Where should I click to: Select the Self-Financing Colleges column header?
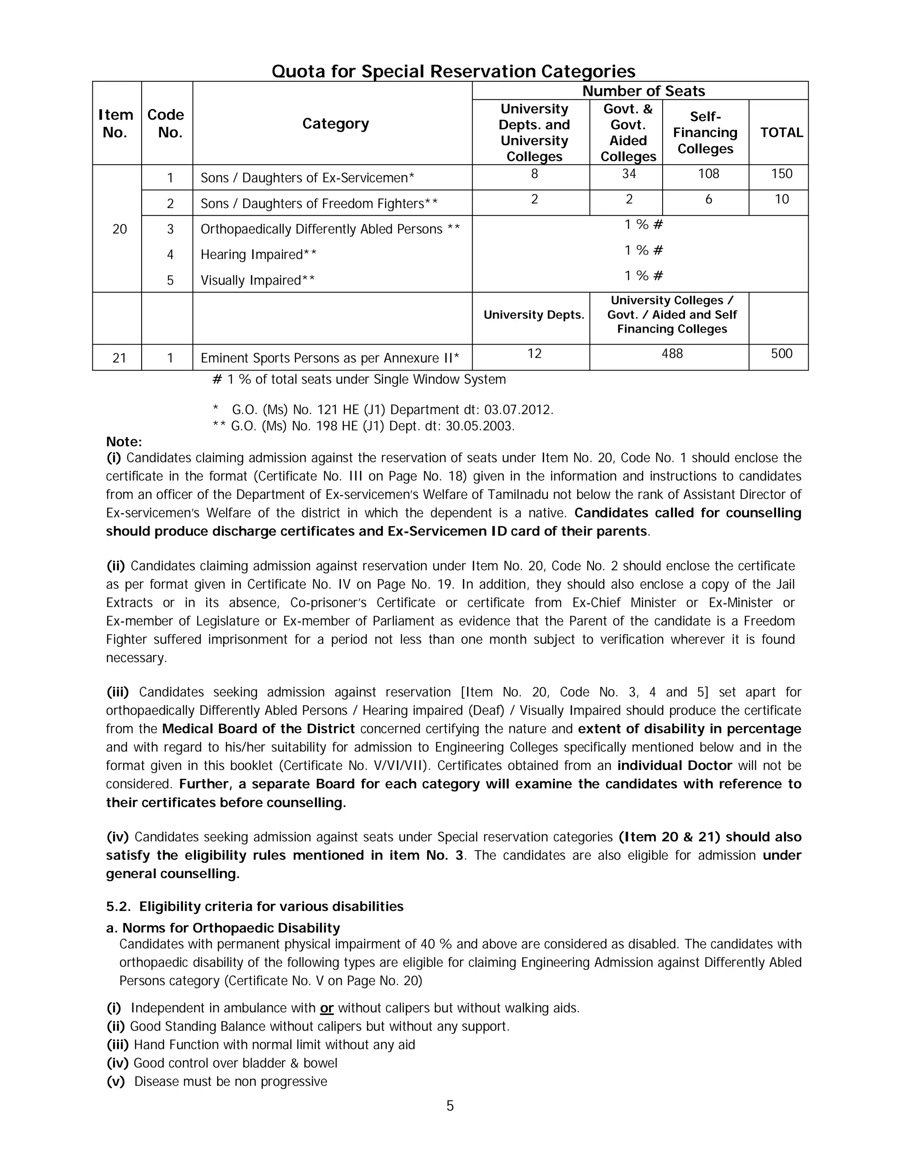(705, 132)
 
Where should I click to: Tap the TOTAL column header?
(781, 132)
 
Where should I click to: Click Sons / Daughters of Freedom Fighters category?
(319, 203)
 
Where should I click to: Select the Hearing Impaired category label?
(258, 255)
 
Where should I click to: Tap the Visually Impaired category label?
(257, 280)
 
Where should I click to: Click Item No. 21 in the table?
(119, 358)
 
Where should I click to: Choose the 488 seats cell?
(671, 353)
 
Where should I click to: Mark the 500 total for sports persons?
(781, 353)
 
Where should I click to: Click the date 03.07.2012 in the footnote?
(518, 410)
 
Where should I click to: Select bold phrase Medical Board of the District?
(258, 729)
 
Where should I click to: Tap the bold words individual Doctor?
(674, 766)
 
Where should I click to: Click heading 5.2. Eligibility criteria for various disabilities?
(255, 906)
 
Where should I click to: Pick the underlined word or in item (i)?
(327, 1008)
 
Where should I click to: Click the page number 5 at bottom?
(450, 1106)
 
